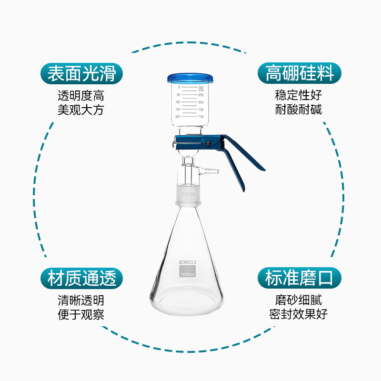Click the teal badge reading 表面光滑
click(82, 74)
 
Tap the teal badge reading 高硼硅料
click(300, 74)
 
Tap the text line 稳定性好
click(299, 96)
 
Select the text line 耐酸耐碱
click(299, 110)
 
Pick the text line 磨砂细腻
click(299, 301)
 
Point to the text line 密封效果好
click(299, 314)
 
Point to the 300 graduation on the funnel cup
click(201, 88)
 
